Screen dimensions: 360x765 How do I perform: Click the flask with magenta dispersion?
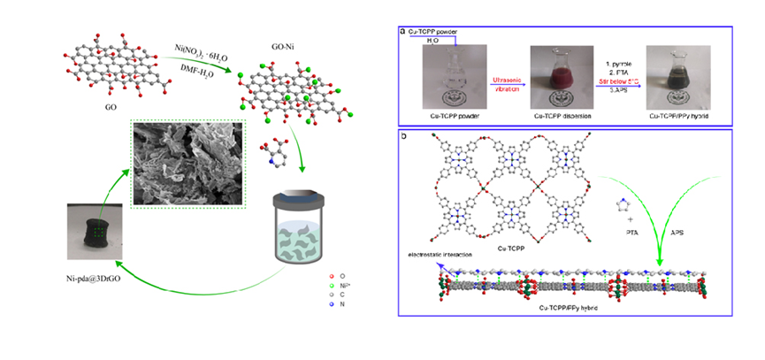[555, 74]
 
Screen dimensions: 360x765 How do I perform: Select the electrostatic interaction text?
[437, 254]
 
